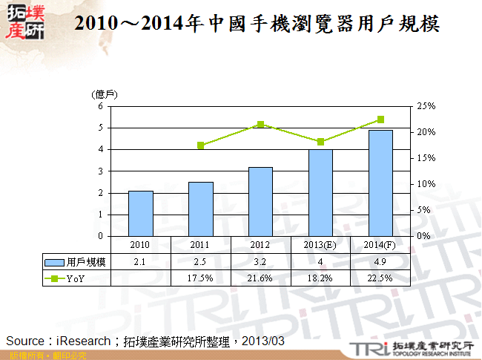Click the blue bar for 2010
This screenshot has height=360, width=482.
point(140,213)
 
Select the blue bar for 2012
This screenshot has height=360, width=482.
point(260,201)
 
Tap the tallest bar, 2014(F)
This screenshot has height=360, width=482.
point(380,183)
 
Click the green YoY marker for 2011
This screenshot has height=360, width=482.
point(200,145)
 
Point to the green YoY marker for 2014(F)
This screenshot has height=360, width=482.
point(380,120)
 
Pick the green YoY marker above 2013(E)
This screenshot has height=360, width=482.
point(320,142)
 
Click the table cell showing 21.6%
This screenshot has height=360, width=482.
point(260,278)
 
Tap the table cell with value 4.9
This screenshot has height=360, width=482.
point(380,262)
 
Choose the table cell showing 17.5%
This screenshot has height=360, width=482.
point(200,278)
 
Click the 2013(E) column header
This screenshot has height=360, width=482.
point(320,244)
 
